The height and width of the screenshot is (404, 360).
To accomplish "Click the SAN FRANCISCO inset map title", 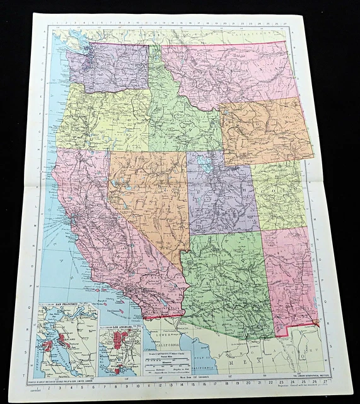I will pyautogui.click(x=67, y=306).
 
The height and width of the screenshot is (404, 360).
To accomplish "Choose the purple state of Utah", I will pyautogui.click(x=221, y=196).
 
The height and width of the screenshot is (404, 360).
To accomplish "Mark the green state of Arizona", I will pyautogui.click(x=224, y=278).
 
